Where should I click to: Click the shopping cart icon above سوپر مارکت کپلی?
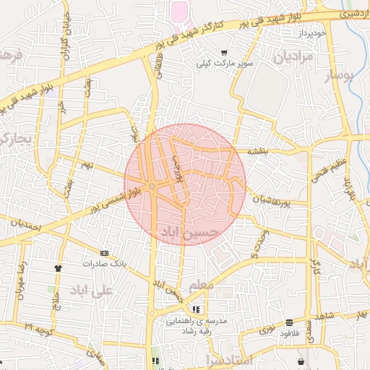pyautogui.click(x=224, y=52)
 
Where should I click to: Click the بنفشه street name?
pyautogui.click(x=258, y=152)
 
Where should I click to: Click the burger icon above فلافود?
pyautogui.click(x=290, y=322)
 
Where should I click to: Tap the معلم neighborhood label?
pyautogui.click(x=201, y=287)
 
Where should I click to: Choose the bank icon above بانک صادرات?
pyautogui.click(x=105, y=253)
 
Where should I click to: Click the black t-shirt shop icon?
pyautogui.click(x=58, y=267)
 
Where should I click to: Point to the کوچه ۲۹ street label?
pyautogui.click(x=38, y=330)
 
